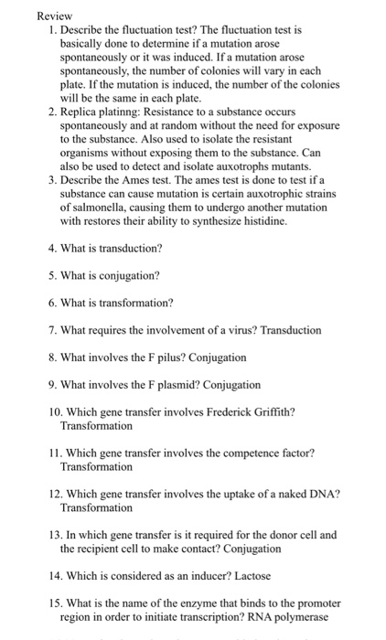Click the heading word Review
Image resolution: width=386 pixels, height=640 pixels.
click(54, 16)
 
